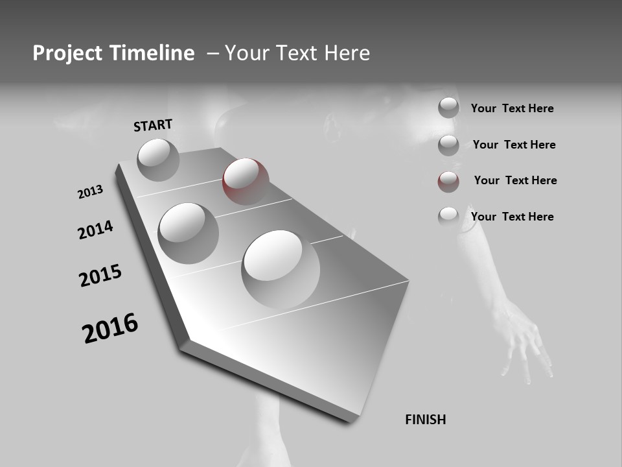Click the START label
pos(153,125)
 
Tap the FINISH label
pos(425,420)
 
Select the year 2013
pos(90,192)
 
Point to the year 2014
pos(95,230)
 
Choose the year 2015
pos(100,276)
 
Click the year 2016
pos(110,328)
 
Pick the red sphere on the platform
pos(246,181)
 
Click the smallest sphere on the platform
pos(158,160)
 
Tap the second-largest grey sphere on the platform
pos(189,233)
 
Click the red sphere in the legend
pos(448,182)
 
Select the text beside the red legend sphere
pos(515,180)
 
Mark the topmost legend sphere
pos(448,108)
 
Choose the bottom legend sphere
pos(448,217)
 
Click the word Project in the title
pos(65,53)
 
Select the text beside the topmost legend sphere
pos(512,108)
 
